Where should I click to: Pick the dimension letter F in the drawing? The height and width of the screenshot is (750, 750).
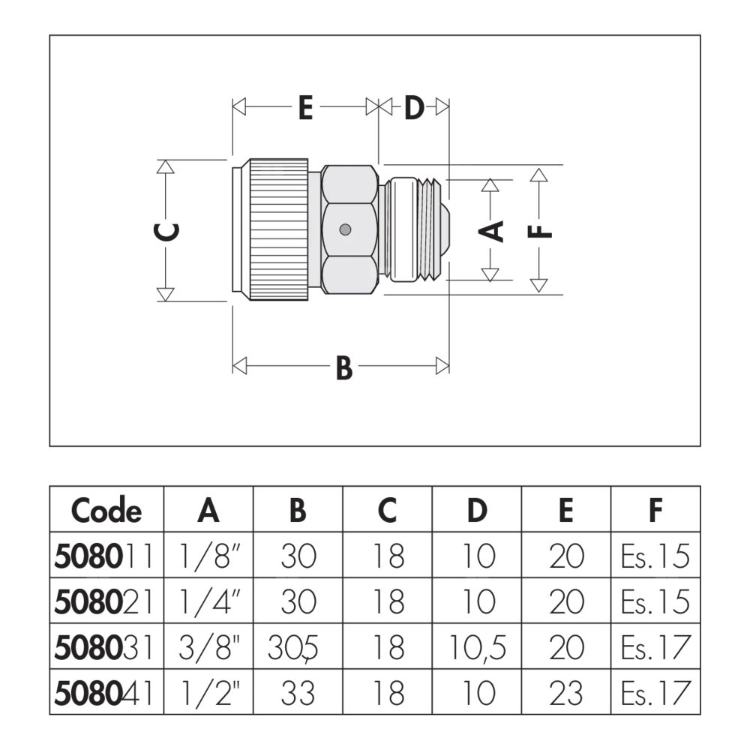tap(539, 230)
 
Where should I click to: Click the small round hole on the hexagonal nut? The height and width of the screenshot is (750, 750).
tap(343, 229)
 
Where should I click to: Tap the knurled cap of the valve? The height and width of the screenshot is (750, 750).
tap(278, 229)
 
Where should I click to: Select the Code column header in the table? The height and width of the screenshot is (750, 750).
tap(106, 511)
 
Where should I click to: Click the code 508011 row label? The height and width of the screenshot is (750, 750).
tap(106, 556)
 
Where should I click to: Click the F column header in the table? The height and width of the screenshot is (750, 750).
tap(655, 511)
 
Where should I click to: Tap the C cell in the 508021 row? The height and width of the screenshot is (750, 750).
tap(387, 602)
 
